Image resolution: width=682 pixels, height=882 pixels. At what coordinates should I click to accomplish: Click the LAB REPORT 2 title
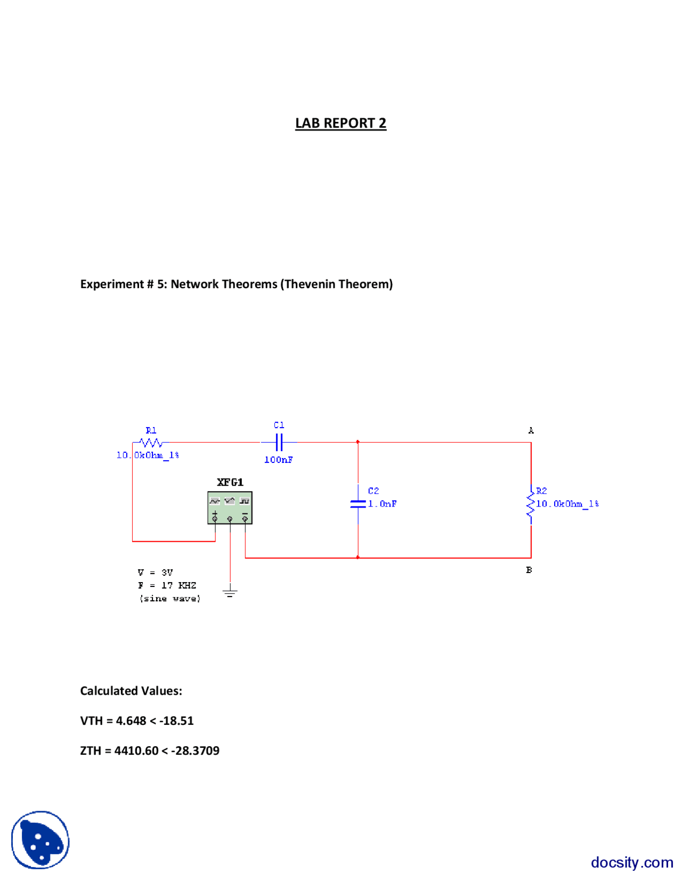[340, 123]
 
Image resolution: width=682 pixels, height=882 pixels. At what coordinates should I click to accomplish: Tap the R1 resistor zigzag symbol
[151, 442]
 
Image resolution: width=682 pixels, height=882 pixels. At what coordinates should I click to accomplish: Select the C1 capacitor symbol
[279, 442]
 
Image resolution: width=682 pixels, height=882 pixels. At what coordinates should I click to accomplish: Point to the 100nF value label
[278, 460]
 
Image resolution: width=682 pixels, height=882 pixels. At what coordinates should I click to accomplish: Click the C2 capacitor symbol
[358, 503]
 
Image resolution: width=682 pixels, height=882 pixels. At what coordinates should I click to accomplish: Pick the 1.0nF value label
[382, 504]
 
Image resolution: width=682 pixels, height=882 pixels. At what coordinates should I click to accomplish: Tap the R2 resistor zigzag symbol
[531, 504]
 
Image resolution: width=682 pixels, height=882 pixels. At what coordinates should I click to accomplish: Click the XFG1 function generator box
[230, 508]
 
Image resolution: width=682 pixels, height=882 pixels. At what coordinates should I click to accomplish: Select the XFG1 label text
[230, 482]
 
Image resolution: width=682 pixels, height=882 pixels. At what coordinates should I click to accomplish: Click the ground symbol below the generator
[230, 592]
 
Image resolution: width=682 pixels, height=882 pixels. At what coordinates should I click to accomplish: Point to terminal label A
[531, 430]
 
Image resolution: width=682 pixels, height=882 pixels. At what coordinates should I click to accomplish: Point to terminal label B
[529, 570]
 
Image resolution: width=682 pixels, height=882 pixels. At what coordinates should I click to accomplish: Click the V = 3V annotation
[155, 573]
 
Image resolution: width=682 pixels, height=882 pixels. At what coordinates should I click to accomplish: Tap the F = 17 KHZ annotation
[167, 585]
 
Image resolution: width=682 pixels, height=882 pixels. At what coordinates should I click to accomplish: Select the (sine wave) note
[170, 599]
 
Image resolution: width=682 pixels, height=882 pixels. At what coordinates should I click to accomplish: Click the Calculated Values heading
[131, 691]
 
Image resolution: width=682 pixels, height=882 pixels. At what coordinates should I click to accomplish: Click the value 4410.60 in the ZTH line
[136, 750]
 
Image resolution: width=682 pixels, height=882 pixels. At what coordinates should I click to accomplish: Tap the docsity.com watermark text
[631, 862]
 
